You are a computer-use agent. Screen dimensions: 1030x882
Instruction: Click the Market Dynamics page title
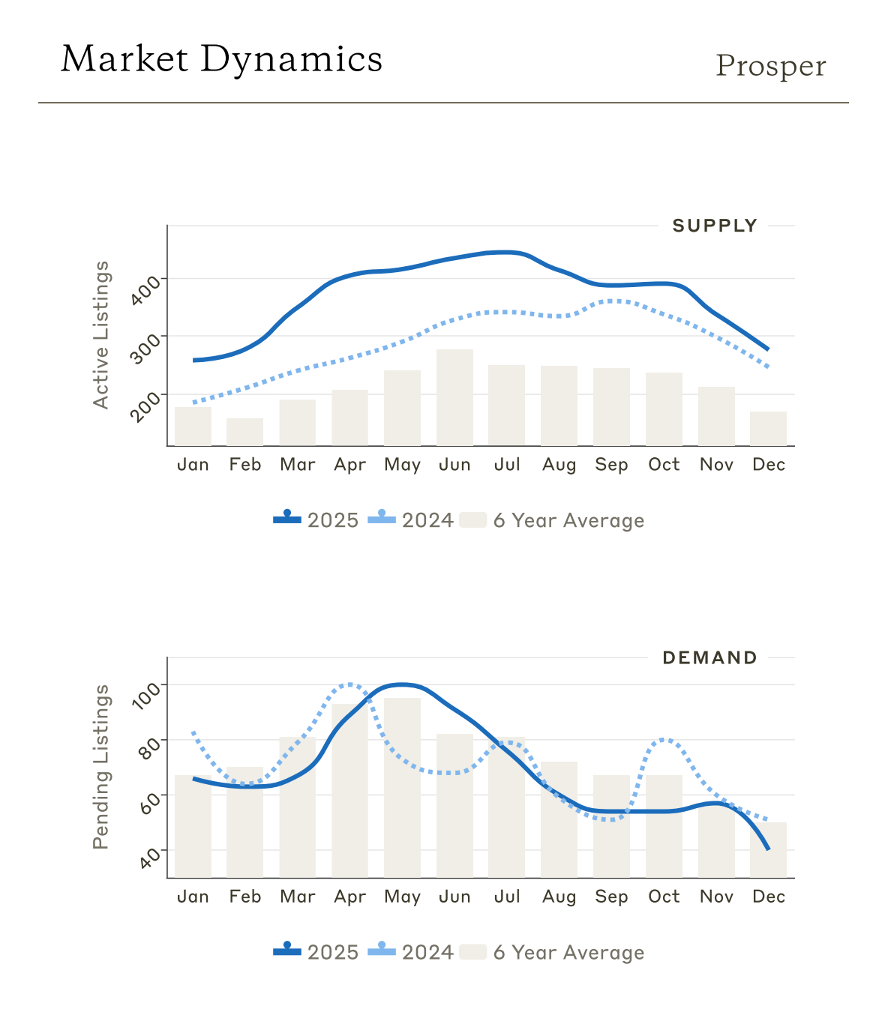pyautogui.click(x=221, y=59)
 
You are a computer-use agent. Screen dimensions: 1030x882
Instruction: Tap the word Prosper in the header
pyautogui.click(x=770, y=66)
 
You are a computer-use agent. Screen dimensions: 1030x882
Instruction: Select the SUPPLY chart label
pyautogui.click(x=714, y=226)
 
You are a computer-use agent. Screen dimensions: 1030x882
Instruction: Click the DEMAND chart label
pyautogui.click(x=709, y=657)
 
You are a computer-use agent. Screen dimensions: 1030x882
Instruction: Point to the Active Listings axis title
pyautogui.click(x=101, y=334)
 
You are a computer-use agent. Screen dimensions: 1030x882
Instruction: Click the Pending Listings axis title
pyautogui.click(x=101, y=766)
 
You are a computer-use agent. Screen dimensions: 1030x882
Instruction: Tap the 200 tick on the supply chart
pyautogui.click(x=145, y=406)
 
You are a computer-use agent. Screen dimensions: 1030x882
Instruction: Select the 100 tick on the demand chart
pyautogui.click(x=145, y=694)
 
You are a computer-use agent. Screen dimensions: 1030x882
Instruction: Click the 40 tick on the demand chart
pyautogui.click(x=150, y=858)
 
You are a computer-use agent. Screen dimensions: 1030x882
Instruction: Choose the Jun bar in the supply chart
pyautogui.click(x=454, y=397)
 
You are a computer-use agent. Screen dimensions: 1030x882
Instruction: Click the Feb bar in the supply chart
pyautogui.click(x=245, y=432)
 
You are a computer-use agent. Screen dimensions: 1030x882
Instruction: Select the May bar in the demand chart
pyautogui.click(x=402, y=787)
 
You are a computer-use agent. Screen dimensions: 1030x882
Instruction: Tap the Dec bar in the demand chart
pyautogui.click(x=768, y=849)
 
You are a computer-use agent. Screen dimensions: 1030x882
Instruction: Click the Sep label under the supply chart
pyautogui.click(x=611, y=465)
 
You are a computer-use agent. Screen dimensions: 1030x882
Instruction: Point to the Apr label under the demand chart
pyautogui.click(x=349, y=897)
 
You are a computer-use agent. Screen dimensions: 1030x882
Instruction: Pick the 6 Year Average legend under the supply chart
pyautogui.click(x=552, y=520)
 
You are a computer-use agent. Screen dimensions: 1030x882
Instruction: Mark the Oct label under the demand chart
pyautogui.click(x=664, y=897)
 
